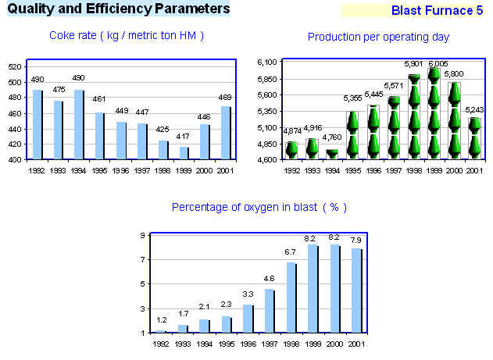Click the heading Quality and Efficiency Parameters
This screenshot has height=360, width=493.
coord(119,9)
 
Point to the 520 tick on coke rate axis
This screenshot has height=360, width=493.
coord(14,67)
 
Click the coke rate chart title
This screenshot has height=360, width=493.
coord(127,36)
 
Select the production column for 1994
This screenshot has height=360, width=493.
coord(332,154)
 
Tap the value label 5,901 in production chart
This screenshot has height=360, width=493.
coord(413,64)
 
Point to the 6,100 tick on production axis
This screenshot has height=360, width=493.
coord(268,62)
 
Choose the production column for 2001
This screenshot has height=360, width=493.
coord(474,138)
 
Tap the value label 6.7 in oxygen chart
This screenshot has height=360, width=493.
coord(291,252)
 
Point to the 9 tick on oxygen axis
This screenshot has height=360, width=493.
coord(142,235)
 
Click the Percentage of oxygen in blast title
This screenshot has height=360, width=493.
coord(259,207)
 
